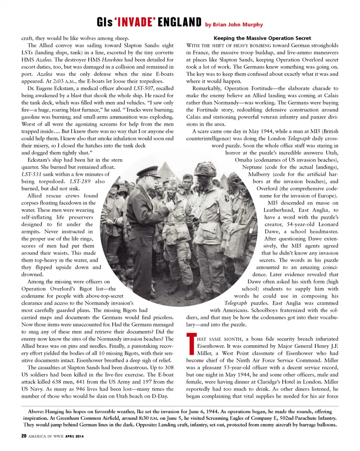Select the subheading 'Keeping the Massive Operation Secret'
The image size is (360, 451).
click(262, 38)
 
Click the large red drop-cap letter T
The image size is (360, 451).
click(190, 345)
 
